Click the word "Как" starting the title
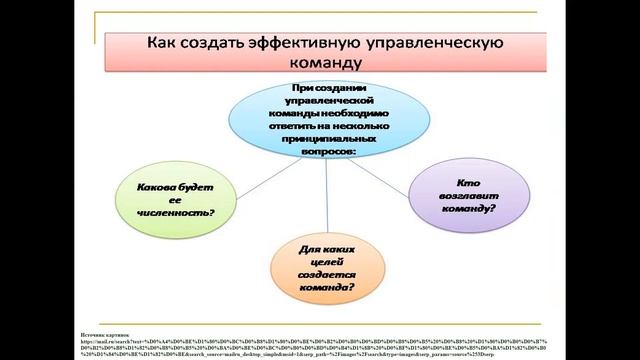(164, 43)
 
